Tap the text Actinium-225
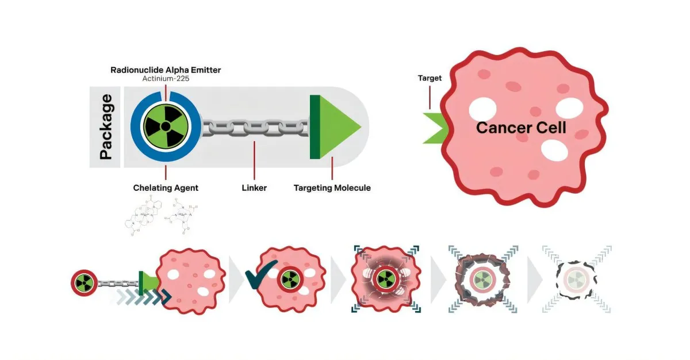pos(166,79)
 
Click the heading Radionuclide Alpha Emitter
pos(166,70)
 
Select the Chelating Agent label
pos(166,188)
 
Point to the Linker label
pos(254,188)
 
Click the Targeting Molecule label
pos(332,188)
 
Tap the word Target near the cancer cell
pos(430,78)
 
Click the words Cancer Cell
pos(521,128)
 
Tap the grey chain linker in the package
pos(254,127)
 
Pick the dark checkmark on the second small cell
pos(260,274)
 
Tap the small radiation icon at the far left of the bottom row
pos(84,282)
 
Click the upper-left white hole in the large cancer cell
pos(482,109)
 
